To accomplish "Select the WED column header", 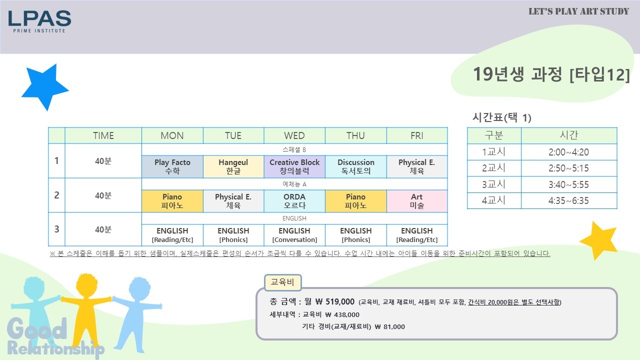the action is (294, 135).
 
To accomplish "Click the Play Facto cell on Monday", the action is (172, 166).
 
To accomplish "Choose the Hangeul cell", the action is (233, 166).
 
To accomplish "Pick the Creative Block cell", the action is (294, 166).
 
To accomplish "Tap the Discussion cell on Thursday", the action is (355, 166).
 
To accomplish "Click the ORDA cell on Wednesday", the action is (294, 201).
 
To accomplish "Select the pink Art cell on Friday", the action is (417, 201).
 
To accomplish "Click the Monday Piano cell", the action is (172, 201).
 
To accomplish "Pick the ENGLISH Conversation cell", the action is (294, 235).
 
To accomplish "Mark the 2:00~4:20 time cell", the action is (568, 152).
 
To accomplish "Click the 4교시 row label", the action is (493, 200).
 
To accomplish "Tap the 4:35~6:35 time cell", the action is (568, 200).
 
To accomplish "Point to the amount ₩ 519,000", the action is (335, 301).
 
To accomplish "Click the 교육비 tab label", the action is (282, 282).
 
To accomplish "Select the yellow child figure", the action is (85, 310).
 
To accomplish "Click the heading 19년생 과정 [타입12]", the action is (551, 74).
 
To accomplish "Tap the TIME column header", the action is (103, 135).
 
